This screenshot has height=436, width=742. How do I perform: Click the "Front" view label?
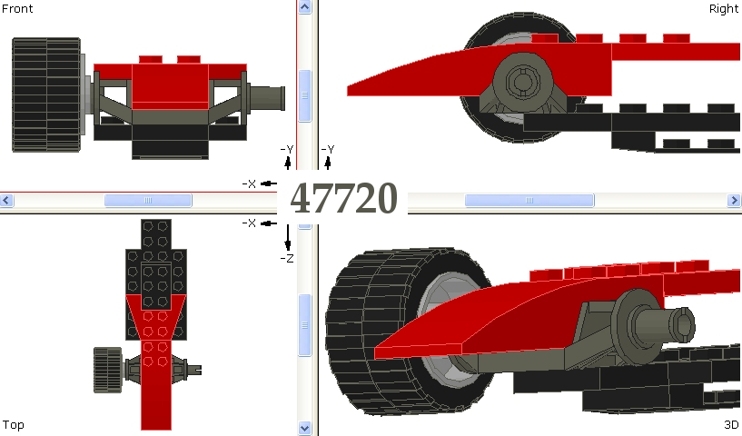17,8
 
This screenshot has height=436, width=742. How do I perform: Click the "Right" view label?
723,8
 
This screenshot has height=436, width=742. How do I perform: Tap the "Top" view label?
13,424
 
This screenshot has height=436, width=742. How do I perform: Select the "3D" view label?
730,424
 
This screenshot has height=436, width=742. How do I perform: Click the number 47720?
343,198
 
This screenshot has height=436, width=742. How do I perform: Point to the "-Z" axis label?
287,259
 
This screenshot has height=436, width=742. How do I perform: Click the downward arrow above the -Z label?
287,238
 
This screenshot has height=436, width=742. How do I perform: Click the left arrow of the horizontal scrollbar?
7,200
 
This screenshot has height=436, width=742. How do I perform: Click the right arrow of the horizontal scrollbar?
734,200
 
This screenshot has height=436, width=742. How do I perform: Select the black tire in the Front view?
45,94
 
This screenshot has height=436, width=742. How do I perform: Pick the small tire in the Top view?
107,370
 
